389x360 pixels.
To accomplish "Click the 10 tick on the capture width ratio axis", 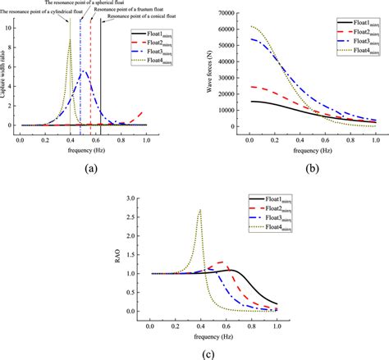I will (11, 27).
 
